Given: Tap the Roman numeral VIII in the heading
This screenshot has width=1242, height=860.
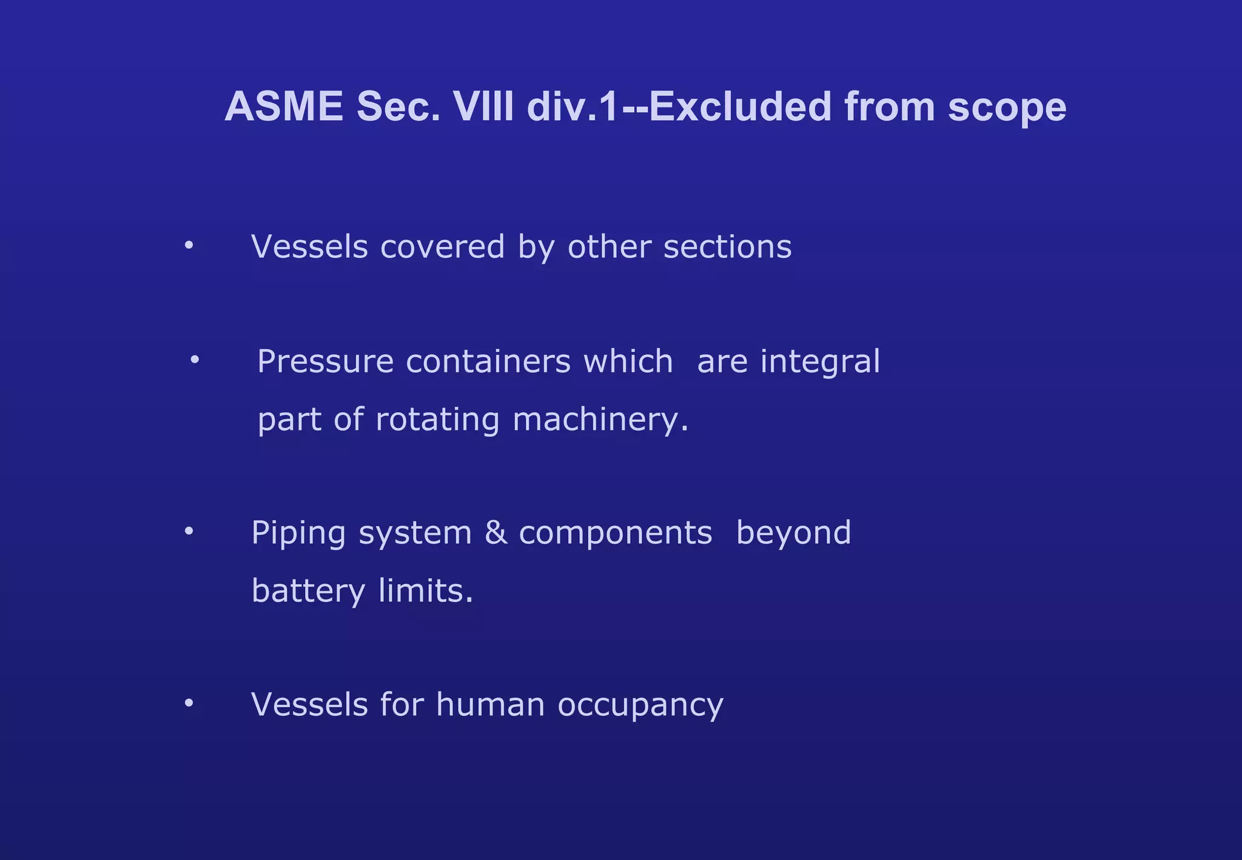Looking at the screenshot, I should click(483, 107).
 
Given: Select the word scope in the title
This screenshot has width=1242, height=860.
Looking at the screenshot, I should click(1007, 108).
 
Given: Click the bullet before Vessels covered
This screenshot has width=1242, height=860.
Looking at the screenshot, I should click(189, 246).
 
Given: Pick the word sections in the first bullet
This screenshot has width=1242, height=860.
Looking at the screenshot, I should click(727, 247).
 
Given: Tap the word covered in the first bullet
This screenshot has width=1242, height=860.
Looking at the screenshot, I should click(442, 247).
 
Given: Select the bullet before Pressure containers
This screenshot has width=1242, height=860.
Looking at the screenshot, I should click(195, 360).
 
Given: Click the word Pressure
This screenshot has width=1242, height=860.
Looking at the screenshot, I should click(326, 361).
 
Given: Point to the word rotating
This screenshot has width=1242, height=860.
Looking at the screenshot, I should click(437, 420).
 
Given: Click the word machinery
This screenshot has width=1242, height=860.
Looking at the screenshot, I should click(600, 420).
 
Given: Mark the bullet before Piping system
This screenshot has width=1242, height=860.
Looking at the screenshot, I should click(189, 531).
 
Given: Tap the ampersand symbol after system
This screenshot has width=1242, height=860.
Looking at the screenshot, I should click(495, 532).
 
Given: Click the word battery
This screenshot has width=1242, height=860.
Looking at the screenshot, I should click(308, 591).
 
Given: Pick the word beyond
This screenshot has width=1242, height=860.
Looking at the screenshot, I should click(793, 532).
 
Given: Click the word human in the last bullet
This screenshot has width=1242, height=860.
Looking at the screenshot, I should click(490, 705).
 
